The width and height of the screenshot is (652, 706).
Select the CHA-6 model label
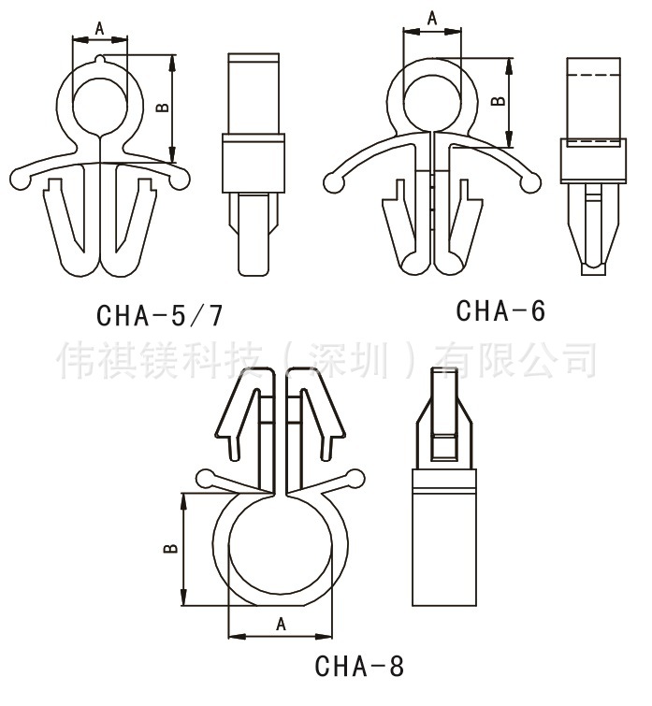click(x=500, y=310)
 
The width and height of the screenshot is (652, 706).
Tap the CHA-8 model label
click(x=359, y=667)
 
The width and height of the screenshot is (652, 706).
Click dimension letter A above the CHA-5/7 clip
click(x=99, y=30)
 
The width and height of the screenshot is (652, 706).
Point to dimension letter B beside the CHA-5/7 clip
click(x=161, y=108)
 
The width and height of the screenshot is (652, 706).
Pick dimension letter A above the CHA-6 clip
click(x=431, y=18)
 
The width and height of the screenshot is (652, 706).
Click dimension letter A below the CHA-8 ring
click(x=280, y=624)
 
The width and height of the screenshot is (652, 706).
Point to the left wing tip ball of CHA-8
click(x=203, y=480)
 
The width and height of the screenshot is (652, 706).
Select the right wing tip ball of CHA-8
click(x=355, y=479)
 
